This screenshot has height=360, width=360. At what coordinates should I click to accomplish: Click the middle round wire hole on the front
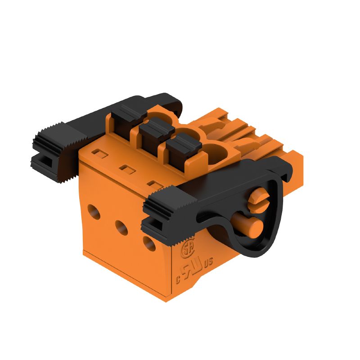pos(121,225)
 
